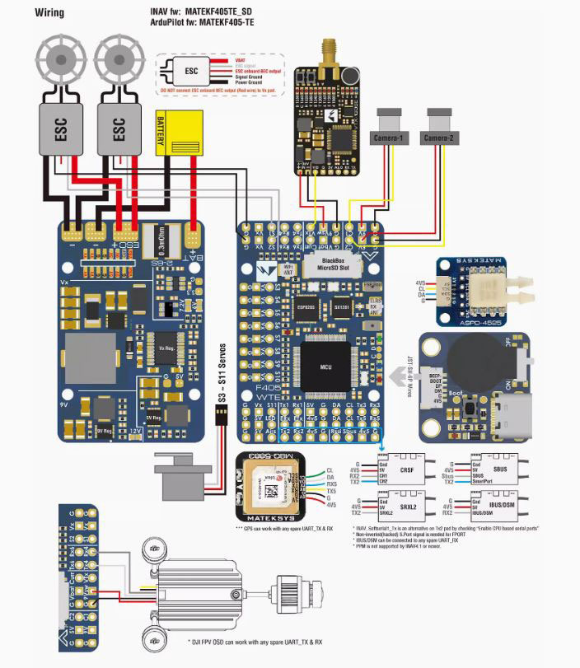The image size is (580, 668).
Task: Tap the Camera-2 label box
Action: coord(441,138)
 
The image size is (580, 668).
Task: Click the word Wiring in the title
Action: coord(50,13)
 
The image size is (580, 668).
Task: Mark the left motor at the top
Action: coord(59,59)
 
